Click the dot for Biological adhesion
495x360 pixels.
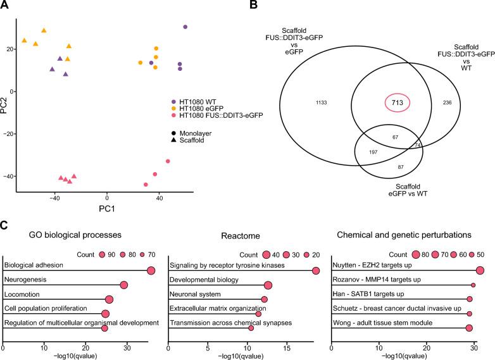click(x=151, y=271)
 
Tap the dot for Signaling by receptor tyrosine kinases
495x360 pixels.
click(x=315, y=271)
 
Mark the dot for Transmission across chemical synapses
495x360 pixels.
click(x=251, y=328)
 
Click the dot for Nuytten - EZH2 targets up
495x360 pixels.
click(x=480, y=271)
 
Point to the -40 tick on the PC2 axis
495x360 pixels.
click(x=10, y=176)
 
